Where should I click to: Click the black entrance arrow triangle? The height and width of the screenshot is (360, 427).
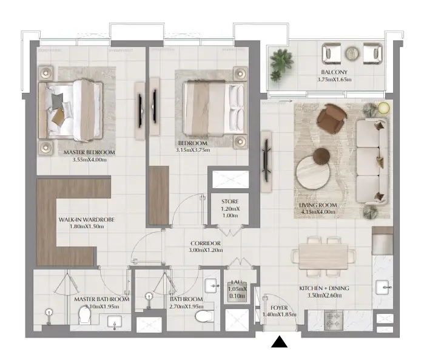pos(279,343)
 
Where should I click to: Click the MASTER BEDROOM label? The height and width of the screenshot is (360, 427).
pos(89,153)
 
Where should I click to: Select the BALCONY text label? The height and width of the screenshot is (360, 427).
pos(334,72)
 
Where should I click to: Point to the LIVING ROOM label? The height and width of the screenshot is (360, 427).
pos(318,205)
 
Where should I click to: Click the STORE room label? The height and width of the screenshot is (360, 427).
pos(229,202)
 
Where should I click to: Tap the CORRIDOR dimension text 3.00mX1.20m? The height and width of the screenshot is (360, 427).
pos(204,250)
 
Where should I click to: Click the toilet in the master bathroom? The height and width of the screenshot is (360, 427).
pos(86,314)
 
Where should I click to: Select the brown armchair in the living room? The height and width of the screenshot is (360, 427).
pos(331,119)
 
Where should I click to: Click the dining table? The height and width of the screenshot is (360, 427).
pos(324,256)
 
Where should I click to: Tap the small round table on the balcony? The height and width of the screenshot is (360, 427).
pos(352,53)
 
